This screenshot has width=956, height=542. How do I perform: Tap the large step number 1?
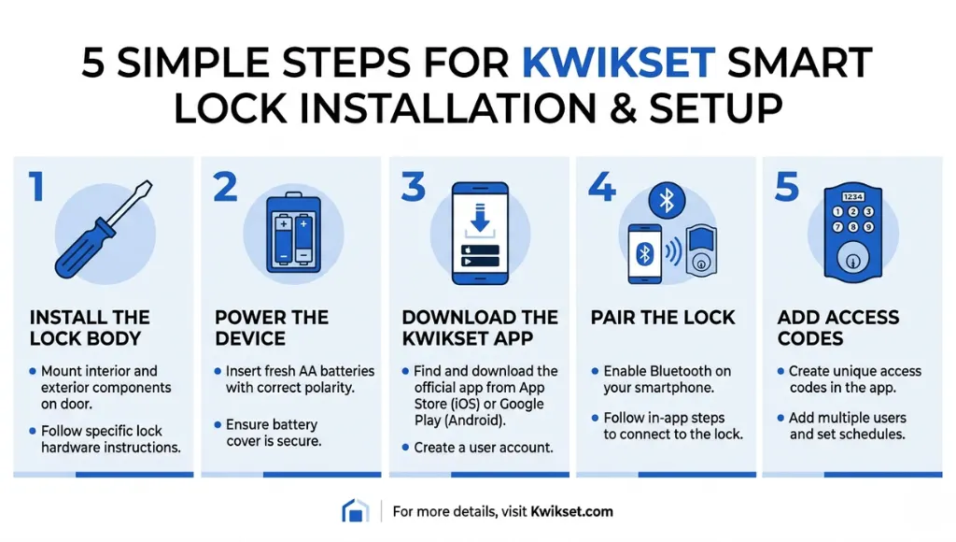(x=36, y=186)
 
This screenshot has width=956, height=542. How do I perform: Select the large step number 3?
(x=414, y=186)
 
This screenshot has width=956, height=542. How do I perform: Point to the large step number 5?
(x=787, y=186)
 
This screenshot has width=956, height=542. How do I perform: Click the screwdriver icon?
(x=100, y=235)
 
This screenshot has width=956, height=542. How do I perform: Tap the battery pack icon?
(x=292, y=234)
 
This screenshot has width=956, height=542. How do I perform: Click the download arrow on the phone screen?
(x=479, y=222)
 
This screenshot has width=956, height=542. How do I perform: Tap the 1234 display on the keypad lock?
(x=852, y=197)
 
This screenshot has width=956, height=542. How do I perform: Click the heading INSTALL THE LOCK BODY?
(x=89, y=327)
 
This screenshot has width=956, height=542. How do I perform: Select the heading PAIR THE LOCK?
(x=662, y=317)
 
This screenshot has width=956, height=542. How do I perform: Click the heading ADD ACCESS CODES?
(x=837, y=327)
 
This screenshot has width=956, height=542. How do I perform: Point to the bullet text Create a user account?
(x=484, y=448)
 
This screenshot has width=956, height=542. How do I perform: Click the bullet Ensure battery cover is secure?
(x=274, y=432)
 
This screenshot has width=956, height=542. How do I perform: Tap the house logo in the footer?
(x=355, y=511)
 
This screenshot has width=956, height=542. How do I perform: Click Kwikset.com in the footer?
(x=572, y=512)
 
